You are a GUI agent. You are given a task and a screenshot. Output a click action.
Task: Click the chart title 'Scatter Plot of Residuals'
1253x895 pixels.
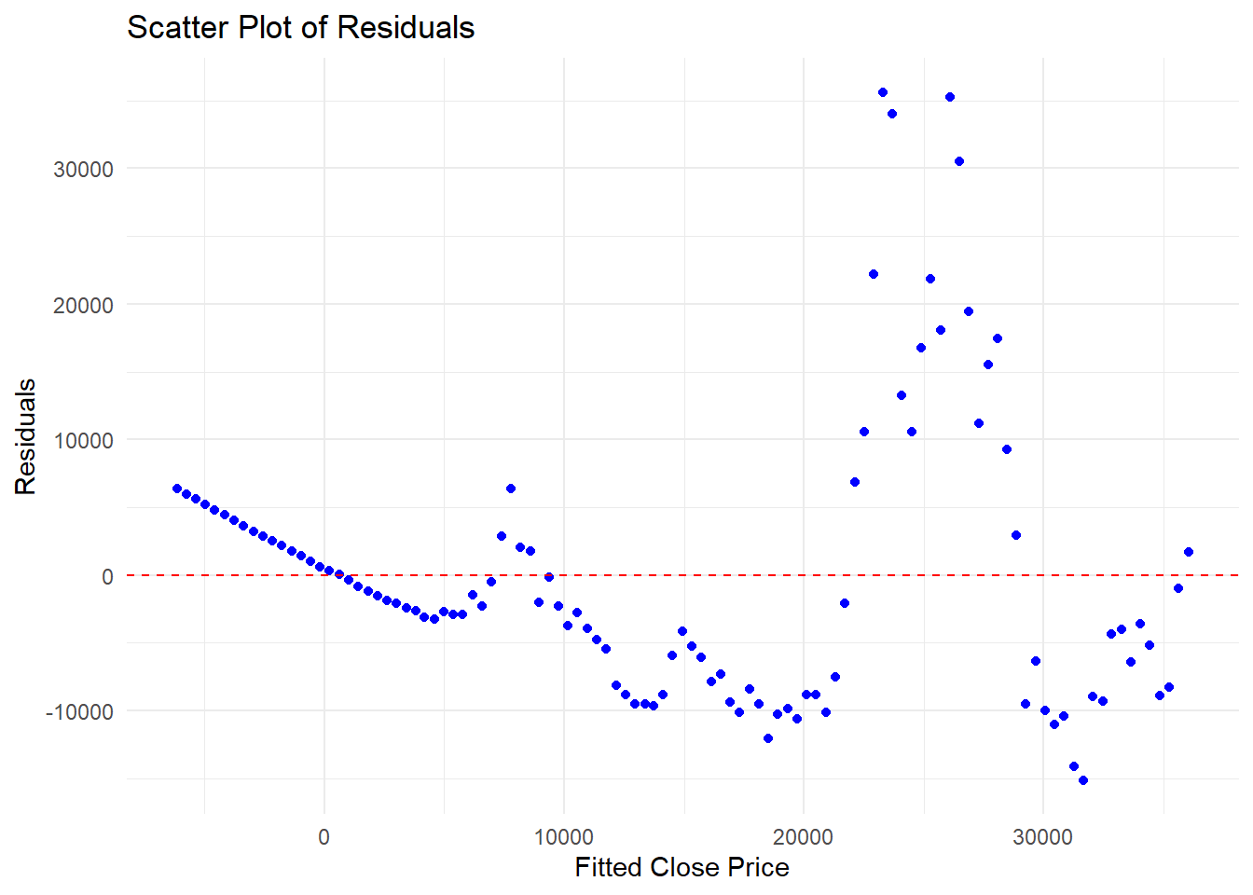(300, 28)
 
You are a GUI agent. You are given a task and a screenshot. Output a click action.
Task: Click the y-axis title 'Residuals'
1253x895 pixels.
(25, 436)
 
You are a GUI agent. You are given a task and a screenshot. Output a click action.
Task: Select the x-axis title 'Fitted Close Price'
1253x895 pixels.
(682, 867)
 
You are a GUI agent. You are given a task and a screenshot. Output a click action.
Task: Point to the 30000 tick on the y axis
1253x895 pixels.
(84, 170)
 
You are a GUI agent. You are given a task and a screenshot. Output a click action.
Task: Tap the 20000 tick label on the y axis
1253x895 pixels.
(84, 306)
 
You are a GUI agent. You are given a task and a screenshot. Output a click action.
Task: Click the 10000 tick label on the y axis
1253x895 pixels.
(84, 441)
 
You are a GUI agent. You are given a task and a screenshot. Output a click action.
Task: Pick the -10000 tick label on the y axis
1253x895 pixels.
(80, 712)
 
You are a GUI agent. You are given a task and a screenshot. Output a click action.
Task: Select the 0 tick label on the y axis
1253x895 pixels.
(107, 577)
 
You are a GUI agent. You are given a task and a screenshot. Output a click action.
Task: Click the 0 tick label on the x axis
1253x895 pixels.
(324, 836)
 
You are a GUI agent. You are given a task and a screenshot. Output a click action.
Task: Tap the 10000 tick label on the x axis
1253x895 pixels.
(563, 836)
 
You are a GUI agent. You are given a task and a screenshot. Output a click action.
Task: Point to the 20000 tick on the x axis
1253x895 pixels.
(803, 836)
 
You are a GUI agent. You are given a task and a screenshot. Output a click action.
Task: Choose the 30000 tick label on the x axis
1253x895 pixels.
(1042, 836)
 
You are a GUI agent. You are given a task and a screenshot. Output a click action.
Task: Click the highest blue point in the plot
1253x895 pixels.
(883, 92)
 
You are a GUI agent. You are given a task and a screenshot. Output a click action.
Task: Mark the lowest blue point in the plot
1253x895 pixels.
(1083, 780)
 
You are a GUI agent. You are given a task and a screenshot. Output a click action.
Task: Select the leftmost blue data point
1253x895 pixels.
(177, 489)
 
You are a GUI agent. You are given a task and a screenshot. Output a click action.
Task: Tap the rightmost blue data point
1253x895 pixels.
(1189, 552)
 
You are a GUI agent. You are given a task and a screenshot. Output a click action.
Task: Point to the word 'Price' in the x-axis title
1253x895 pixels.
(757, 867)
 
